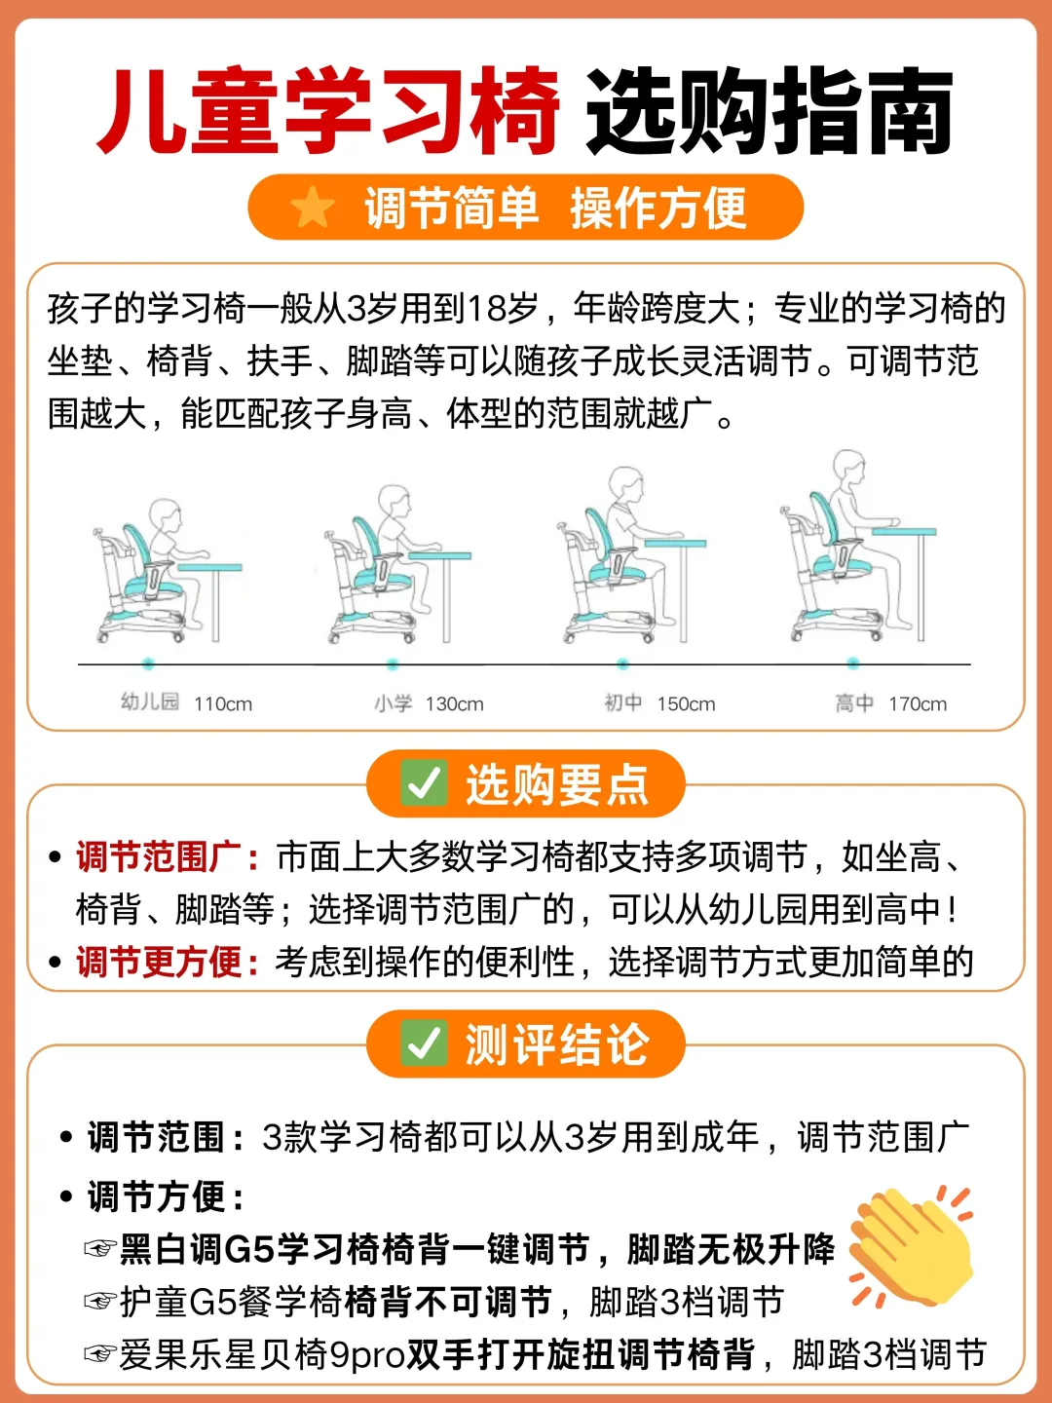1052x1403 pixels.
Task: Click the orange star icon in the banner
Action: (313, 207)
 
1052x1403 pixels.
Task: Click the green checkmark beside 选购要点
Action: (424, 783)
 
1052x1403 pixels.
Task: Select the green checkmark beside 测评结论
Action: (424, 1043)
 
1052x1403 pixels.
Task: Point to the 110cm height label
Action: (223, 704)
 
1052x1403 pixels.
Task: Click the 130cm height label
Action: (454, 704)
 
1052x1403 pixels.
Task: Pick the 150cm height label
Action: (686, 704)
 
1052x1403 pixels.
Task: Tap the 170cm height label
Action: (918, 704)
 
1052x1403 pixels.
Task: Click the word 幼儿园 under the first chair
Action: (150, 702)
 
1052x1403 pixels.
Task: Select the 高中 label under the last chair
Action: (854, 703)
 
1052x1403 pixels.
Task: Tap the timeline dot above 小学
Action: (393, 664)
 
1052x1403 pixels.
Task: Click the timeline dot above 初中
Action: (622, 664)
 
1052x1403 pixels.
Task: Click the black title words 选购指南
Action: (770, 111)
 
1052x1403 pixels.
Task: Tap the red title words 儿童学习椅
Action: (327, 111)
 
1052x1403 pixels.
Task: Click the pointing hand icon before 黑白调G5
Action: (100, 1248)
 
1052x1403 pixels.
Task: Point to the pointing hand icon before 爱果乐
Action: (100, 1353)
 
